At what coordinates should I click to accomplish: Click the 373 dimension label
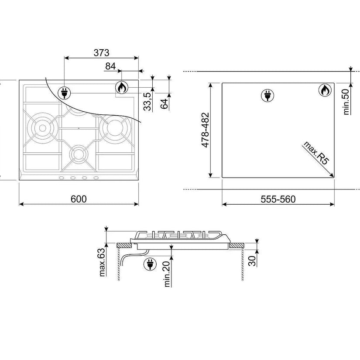coord(101,53)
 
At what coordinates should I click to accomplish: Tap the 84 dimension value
coord(110,66)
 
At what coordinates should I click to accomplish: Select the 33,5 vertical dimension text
coord(147,101)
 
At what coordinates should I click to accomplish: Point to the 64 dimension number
coord(164,104)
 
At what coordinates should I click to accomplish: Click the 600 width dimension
coord(79,199)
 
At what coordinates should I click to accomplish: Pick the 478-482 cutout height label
coord(205,130)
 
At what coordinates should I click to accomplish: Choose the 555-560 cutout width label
coord(278,199)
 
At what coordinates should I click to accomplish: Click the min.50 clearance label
coord(346,102)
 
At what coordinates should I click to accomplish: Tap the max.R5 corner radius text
coord(316,153)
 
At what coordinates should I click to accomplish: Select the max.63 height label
coord(102,262)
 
